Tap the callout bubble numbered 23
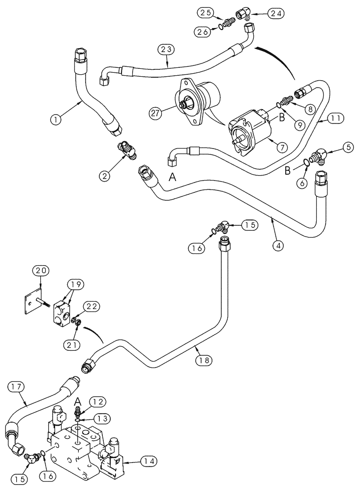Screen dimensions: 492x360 (166, 49)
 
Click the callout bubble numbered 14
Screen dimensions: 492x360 (149, 461)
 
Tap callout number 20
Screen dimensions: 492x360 (40, 270)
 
